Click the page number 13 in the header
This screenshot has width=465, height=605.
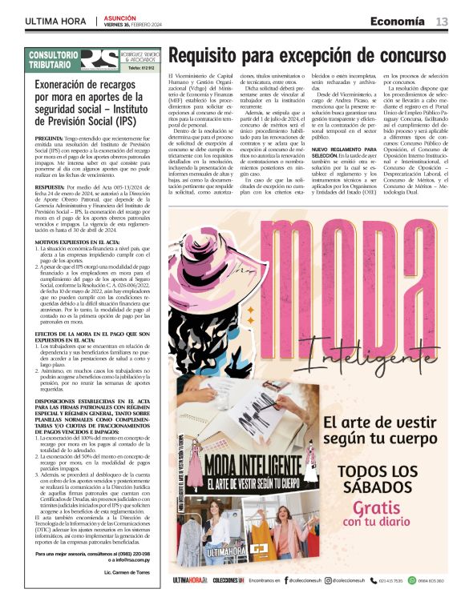[x=442, y=22]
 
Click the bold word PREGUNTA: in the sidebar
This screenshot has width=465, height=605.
[x=52, y=138]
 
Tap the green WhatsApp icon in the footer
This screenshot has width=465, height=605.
[x=407, y=580]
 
